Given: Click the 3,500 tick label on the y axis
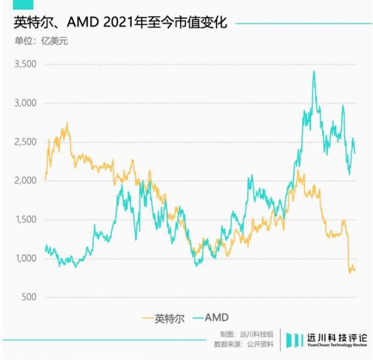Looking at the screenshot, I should [x=25, y=64].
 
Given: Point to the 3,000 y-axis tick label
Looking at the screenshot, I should [x=25, y=103].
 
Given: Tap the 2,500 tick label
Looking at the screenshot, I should [x=25, y=142].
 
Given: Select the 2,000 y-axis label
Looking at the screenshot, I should [x=25, y=181].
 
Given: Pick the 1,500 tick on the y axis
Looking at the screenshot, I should [x=25, y=219].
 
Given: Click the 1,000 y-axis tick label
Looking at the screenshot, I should [x=25, y=259].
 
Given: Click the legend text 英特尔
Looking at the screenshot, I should [x=170, y=318].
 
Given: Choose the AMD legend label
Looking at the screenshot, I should [x=213, y=318].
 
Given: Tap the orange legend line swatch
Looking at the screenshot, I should [x=148, y=318].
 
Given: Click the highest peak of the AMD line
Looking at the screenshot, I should [x=314, y=72].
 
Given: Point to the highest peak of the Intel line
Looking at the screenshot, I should [x=67, y=123].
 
